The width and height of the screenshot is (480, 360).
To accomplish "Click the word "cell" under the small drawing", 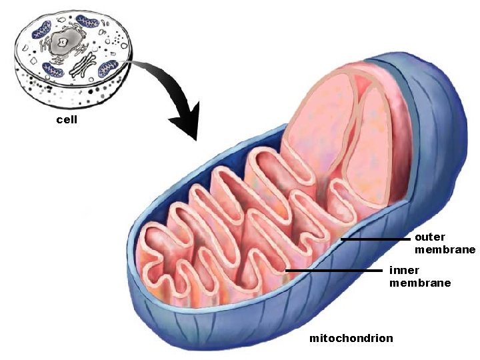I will click(x=66, y=120).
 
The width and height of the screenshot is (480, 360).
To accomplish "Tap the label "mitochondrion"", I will click(x=351, y=338).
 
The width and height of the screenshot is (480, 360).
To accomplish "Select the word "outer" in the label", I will click(x=429, y=237).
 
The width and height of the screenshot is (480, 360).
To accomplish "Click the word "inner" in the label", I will click(x=403, y=270).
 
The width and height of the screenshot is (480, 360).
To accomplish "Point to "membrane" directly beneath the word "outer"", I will click(x=445, y=249).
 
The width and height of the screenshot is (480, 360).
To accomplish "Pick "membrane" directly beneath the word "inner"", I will click(x=420, y=283).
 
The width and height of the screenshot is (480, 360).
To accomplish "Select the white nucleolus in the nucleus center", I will click(x=62, y=41).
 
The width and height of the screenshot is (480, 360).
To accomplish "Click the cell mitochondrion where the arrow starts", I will click(x=108, y=68).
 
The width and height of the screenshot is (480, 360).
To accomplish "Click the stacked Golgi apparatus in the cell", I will click(x=83, y=64).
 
